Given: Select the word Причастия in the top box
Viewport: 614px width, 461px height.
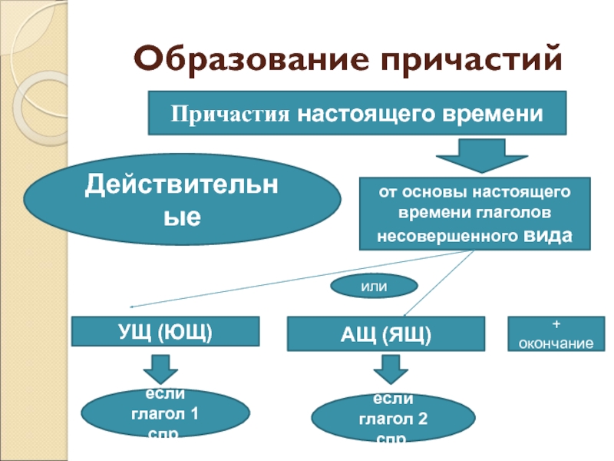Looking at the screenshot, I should (x=229, y=114).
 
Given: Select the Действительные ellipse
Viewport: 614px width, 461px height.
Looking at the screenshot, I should (x=182, y=201).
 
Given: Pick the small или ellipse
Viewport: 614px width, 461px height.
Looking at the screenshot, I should (x=373, y=287).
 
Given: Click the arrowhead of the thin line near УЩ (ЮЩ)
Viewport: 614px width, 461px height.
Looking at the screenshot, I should (x=124, y=306).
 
